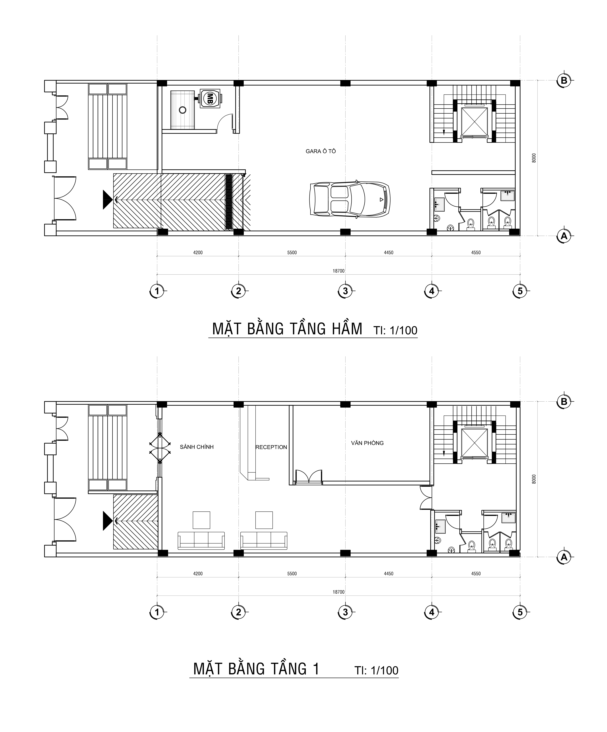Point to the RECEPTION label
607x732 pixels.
coord(271,447)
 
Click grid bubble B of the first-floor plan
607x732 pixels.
coord(564,402)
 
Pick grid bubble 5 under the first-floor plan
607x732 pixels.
coord(520,612)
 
